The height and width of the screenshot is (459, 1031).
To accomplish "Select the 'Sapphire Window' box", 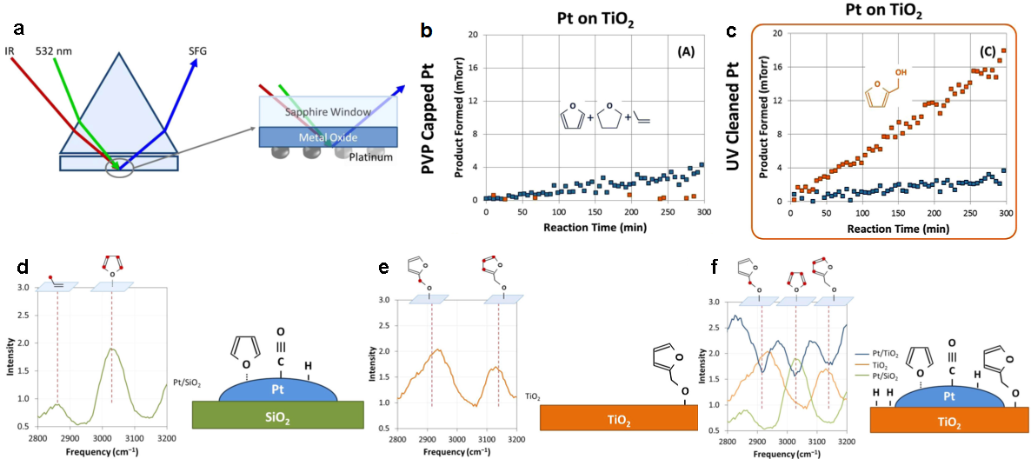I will coord(329,112).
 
